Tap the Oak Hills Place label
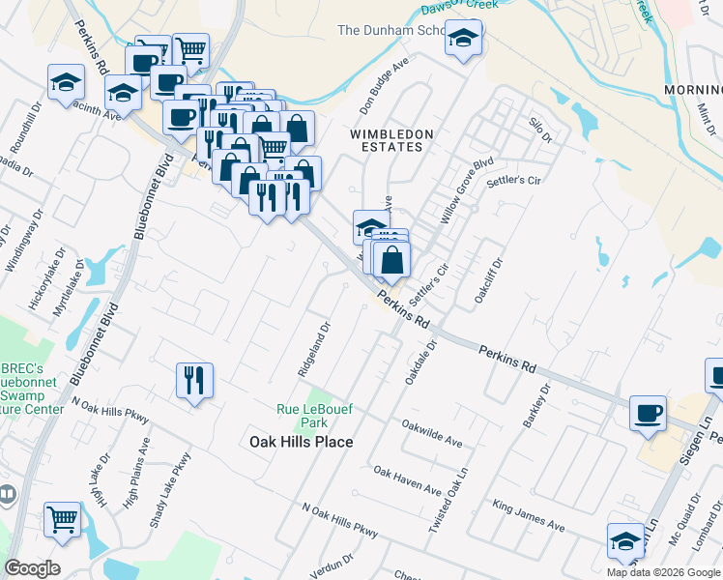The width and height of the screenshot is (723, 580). click(x=301, y=442)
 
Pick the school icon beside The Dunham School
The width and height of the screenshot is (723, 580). click(x=464, y=39)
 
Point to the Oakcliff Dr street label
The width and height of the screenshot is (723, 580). click(x=489, y=281)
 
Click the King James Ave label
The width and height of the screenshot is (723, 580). click(x=528, y=515)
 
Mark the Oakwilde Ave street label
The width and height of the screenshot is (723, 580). click(x=432, y=431)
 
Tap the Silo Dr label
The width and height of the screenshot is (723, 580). click(x=539, y=130)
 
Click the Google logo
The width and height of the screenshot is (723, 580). click(x=32, y=568)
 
